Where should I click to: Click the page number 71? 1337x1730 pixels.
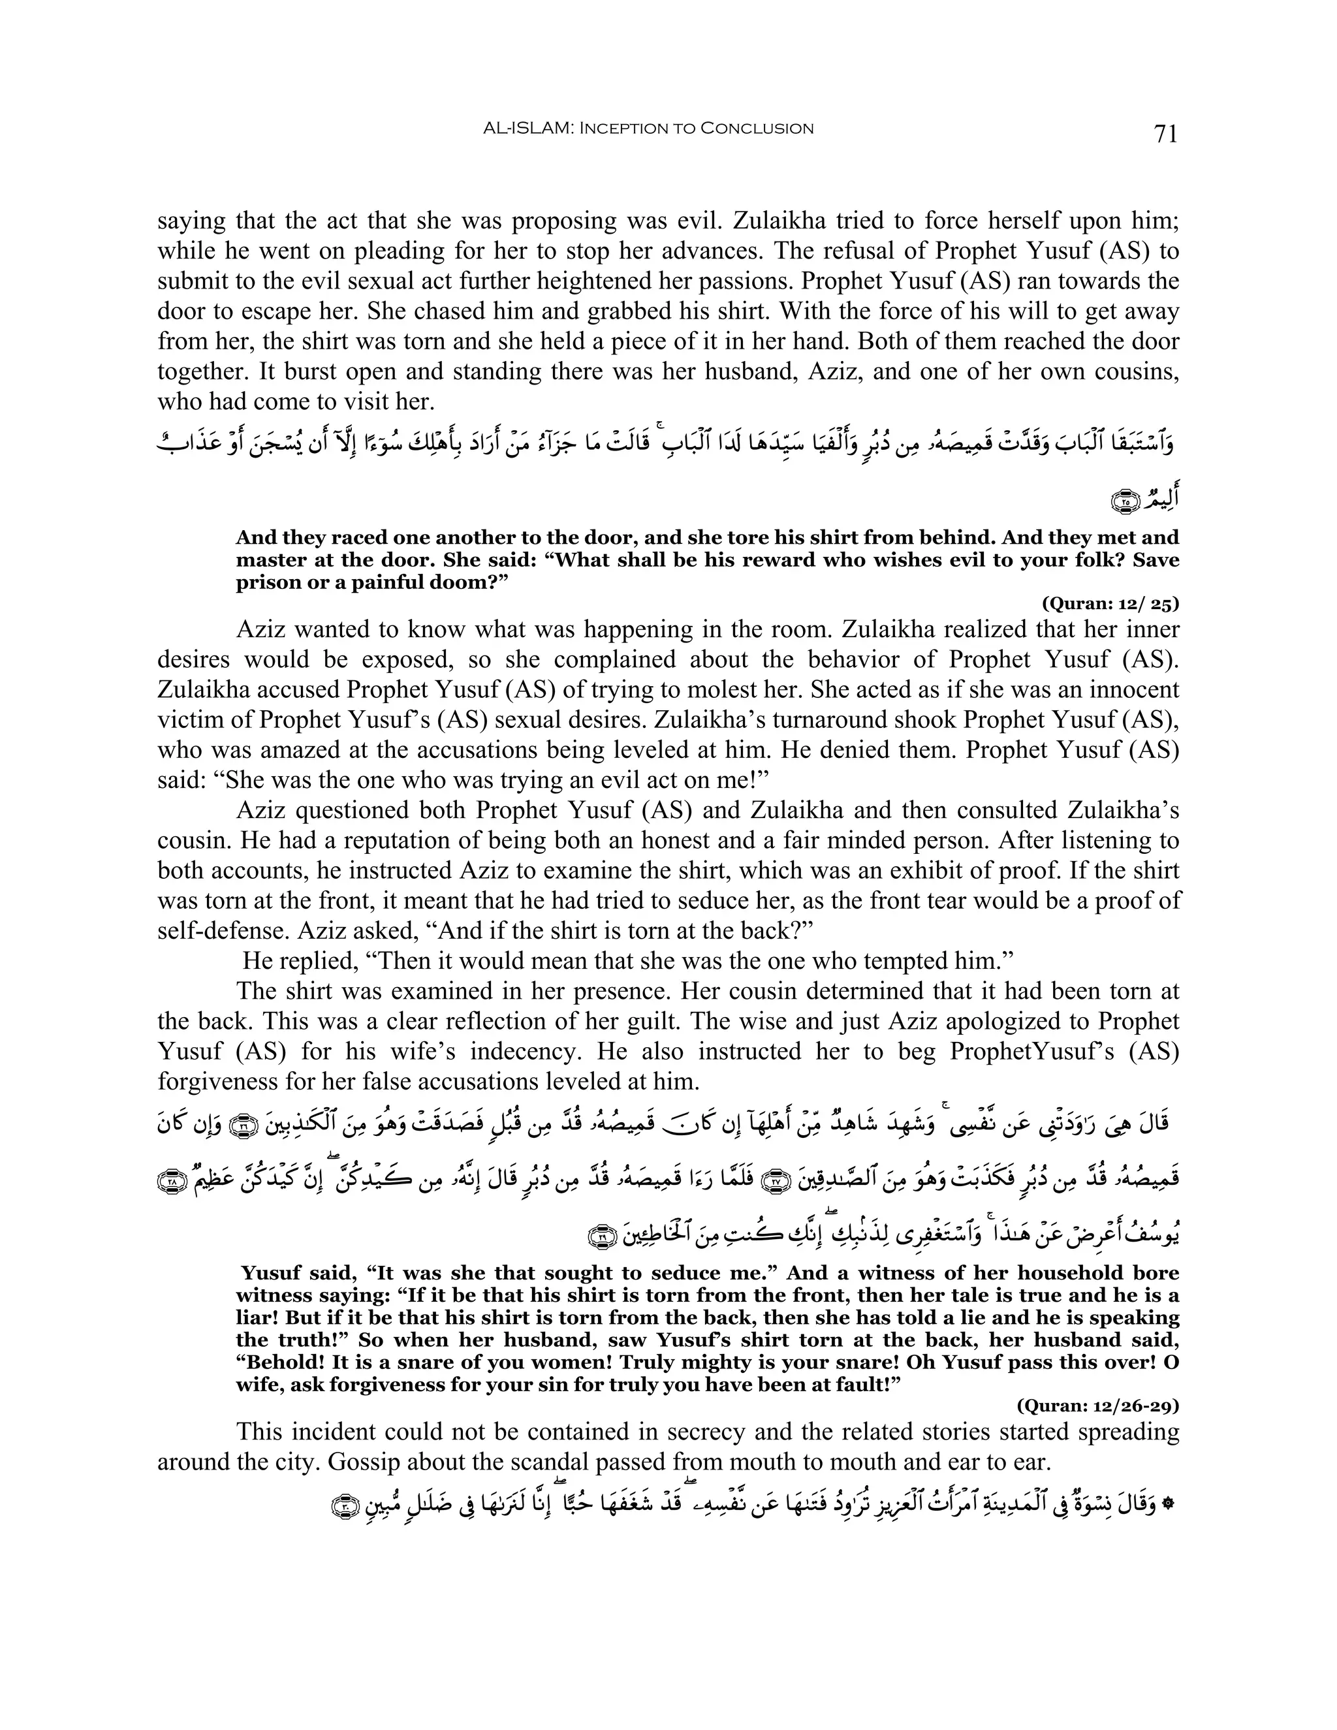(x=1166, y=134)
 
